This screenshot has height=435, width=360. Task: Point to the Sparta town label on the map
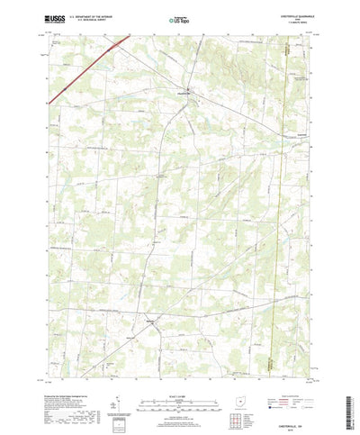tap(150, 321)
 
